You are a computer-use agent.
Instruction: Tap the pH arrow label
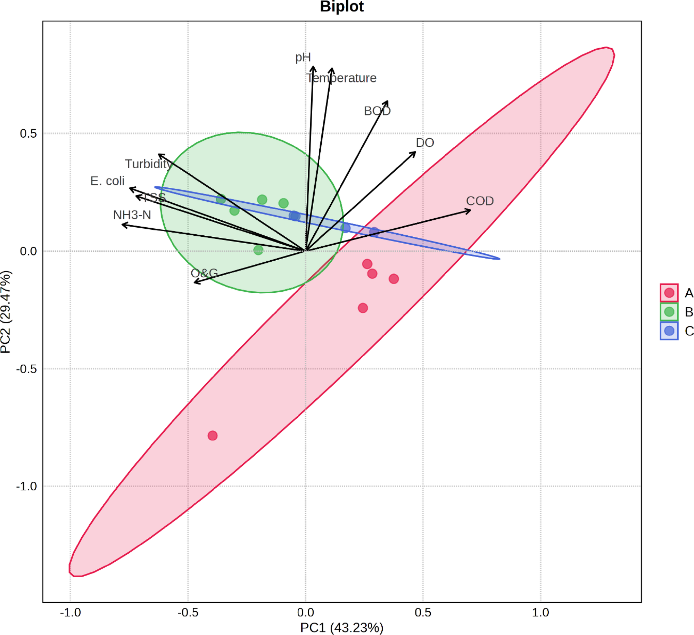[303, 57]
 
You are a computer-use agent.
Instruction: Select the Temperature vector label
[341, 78]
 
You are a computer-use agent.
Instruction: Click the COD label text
[479, 201]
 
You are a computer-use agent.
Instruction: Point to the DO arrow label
[424, 143]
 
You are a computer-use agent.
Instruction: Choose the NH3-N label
[132, 215]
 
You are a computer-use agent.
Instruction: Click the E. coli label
[107, 181]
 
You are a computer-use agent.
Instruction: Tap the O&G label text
[204, 273]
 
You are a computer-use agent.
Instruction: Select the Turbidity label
[149, 164]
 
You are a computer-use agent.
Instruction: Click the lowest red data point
[212, 435]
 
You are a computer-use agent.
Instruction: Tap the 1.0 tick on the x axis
[540, 612]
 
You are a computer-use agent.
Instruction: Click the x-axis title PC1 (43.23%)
[341, 628]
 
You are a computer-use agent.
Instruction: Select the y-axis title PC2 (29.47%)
[6, 312]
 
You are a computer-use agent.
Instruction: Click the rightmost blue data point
[374, 231]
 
